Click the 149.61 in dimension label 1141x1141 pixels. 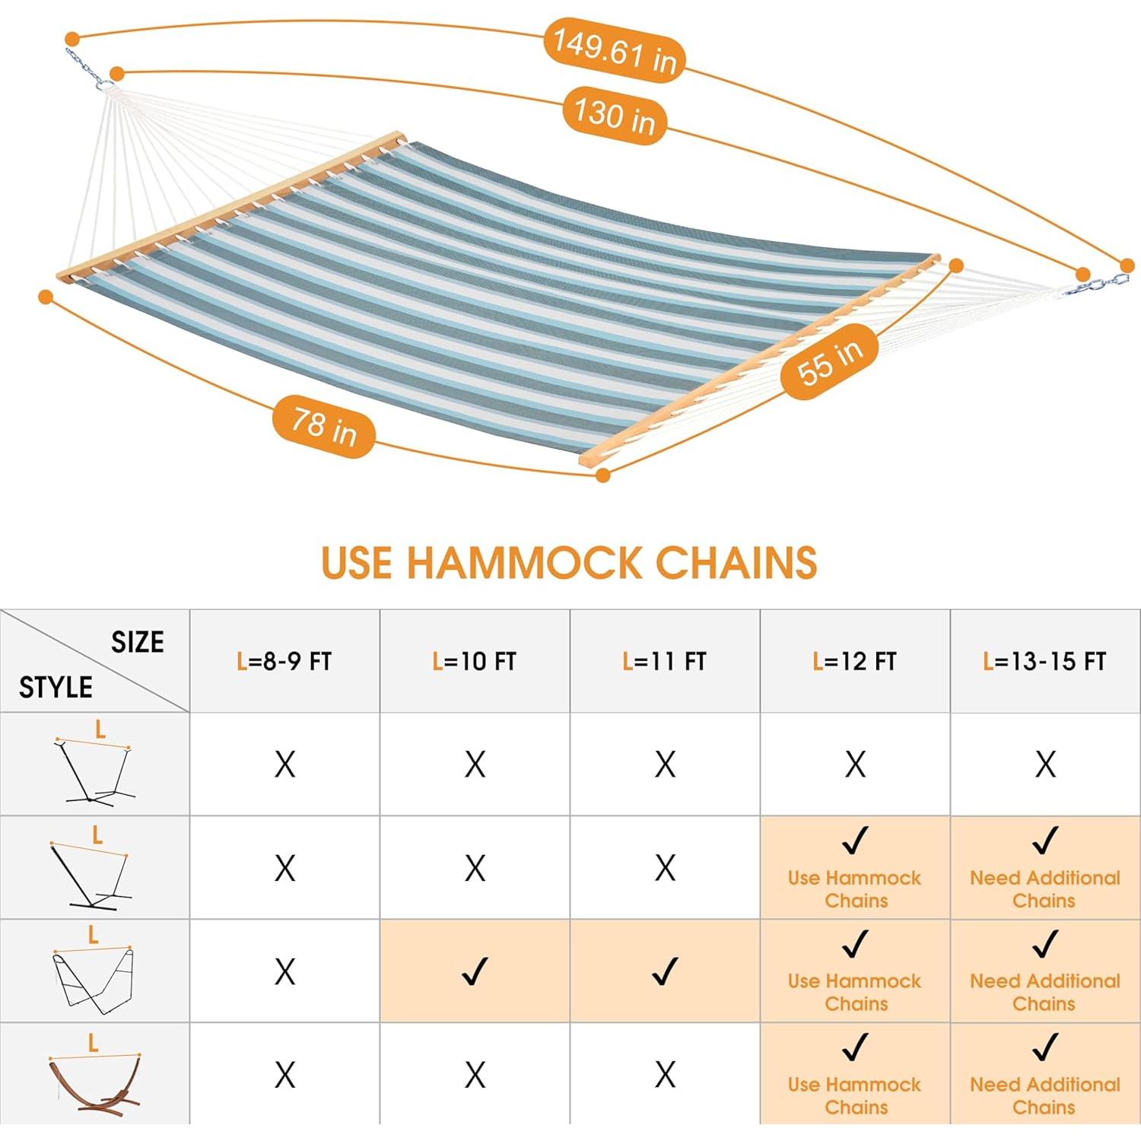(x=614, y=49)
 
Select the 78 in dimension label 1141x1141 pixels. (x=324, y=426)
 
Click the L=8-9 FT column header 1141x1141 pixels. (x=284, y=661)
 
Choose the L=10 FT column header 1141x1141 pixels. (x=475, y=661)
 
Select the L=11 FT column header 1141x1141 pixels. (x=665, y=661)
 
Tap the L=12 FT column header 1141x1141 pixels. (x=855, y=661)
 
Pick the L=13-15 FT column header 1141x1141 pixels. (x=1045, y=661)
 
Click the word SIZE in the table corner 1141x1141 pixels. (x=138, y=642)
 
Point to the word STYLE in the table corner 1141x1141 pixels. (x=56, y=688)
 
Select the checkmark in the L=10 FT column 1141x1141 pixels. (x=475, y=971)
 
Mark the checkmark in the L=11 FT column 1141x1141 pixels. (x=665, y=971)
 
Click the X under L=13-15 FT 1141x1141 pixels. (x=1045, y=764)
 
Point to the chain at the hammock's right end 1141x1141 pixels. (x=1096, y=286)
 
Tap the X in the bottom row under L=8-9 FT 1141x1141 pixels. (x=284, y=1075)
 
